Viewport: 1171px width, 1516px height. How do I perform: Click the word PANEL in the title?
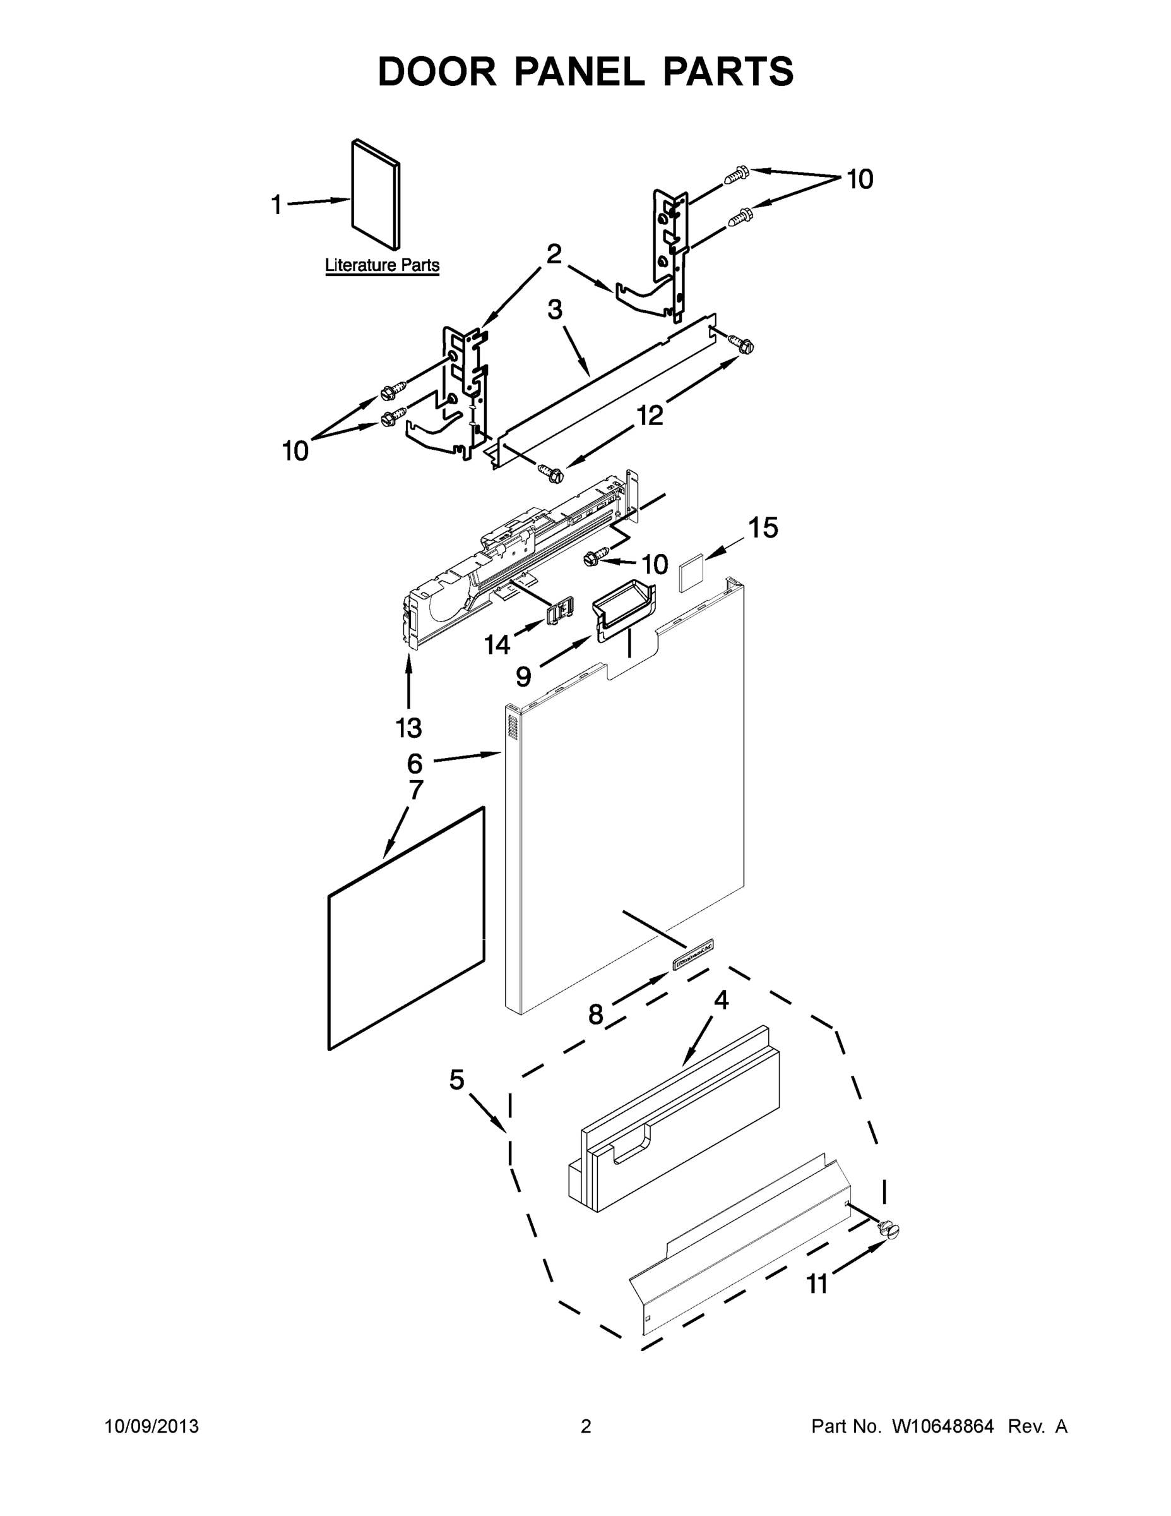click(x=580, y=71)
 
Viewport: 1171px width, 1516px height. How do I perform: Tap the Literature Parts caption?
click(x=383, y=265)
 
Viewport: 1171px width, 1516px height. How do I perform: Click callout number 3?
click(x=554, y=310)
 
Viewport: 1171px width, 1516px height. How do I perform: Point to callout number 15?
click(x=763, y=528)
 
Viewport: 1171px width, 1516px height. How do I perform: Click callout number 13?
click(x=408, y=728)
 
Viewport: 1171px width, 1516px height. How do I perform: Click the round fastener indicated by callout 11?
click(x=888, y=1229)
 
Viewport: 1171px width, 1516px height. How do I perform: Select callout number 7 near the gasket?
click(x=415, y=789)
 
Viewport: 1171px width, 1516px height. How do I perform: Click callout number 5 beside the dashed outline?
click(x=456, y=1080)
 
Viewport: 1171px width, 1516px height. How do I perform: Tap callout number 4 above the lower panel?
click(x=722, y=1001)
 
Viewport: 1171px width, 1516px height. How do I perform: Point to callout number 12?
click(x=650, y=416)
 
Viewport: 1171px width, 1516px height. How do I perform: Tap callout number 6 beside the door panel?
click(x=414, y=764)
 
